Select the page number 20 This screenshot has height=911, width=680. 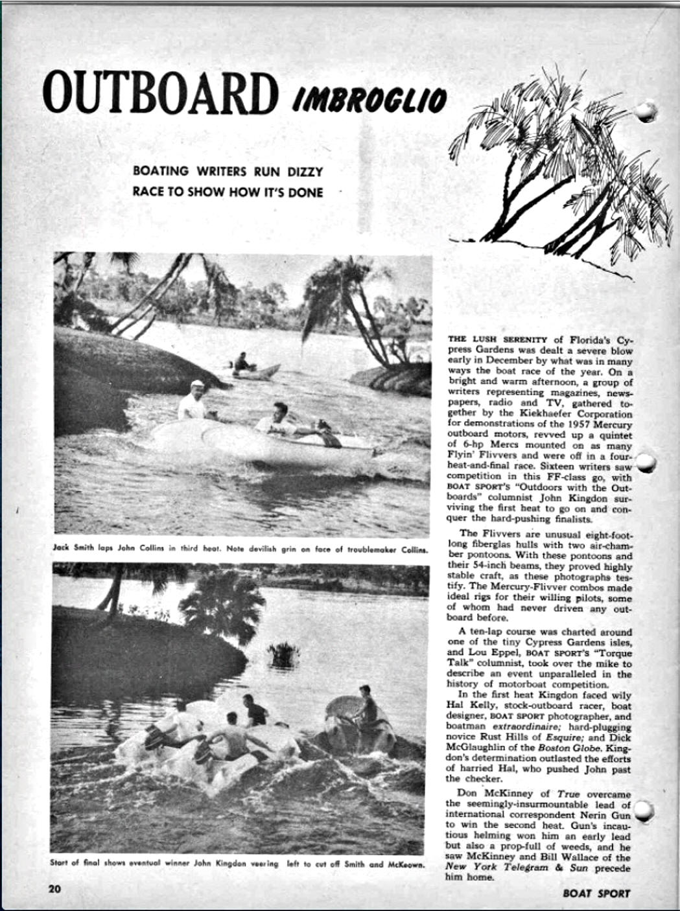coord(54,888)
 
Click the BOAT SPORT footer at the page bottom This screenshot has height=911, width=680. coord(596,893)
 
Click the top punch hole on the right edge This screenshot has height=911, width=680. coord(646,111)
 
